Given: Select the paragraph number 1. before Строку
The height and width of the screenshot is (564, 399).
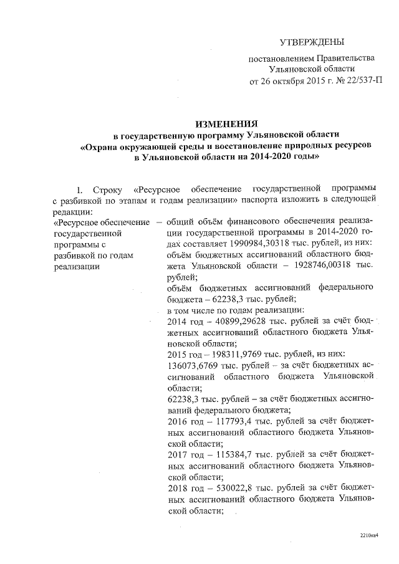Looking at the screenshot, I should click(x=79, y=188).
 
